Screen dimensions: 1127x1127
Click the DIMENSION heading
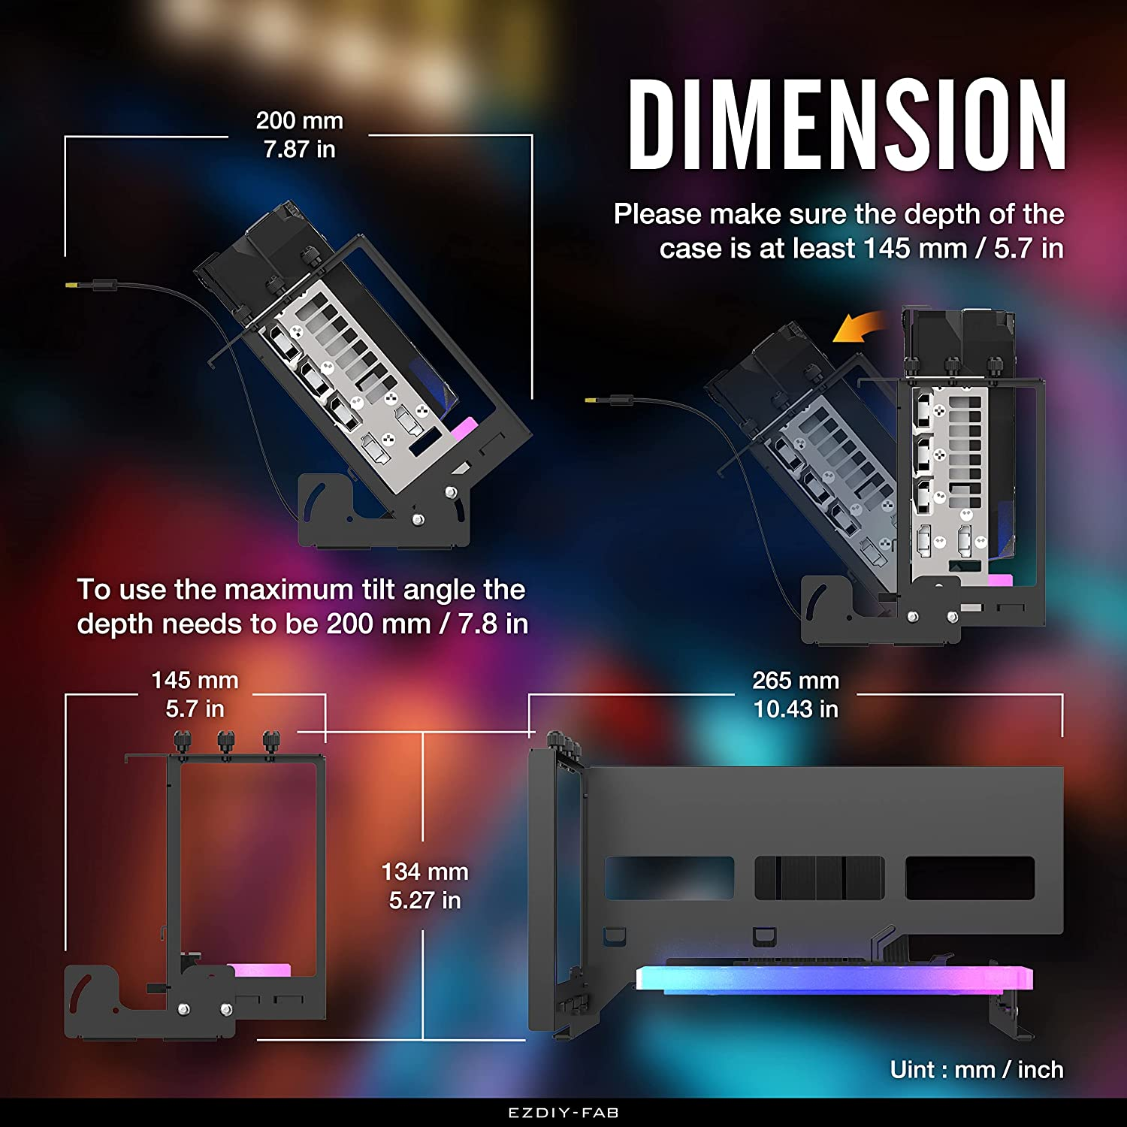[x=848, y=125]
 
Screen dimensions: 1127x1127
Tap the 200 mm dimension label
[x=299, y=120]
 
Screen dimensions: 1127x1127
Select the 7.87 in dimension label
[x=299, y=150]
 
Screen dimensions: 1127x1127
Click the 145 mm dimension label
[x=195, y=680]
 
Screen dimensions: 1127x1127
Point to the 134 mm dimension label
[x=425, y=872]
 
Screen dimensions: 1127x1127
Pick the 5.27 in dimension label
[x=425, y=900]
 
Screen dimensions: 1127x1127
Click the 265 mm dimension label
[x=796, y=680]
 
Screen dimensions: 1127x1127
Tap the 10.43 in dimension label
[x=796, y=709]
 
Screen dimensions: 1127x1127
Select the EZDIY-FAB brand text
[x=563, y=1113]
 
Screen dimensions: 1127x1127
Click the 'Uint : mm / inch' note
[x=977, y=1069]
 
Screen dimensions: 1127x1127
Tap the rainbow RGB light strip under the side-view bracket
[x=834, y=979]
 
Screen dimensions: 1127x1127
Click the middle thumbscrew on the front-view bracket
[x=225, y=744]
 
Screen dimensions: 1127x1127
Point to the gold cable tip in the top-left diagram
[x=72, y=286]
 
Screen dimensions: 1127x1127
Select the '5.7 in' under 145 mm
[x=195, y=709]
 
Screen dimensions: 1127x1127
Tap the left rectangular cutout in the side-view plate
[x=669, y=878]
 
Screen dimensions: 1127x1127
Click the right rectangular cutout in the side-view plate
[x=970, y=878]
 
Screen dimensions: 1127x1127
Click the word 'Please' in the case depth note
[x=657, y=214]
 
